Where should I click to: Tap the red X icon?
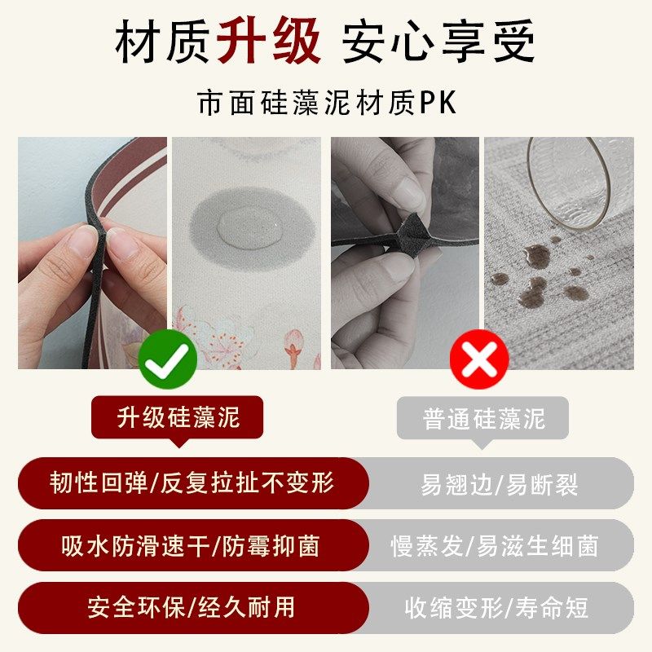click(x=479, y=359)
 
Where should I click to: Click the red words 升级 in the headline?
click(x=269, y=43)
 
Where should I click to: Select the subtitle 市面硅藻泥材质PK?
click(x=326, y=104)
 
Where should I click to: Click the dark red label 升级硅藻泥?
click(x=178, y=419)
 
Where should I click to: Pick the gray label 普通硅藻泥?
click(x=483, y=419)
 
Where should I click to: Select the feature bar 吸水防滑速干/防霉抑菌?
click(x=192, y=545)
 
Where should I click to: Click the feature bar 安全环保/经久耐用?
click(x=192, y=607)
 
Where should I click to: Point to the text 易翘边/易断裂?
click(x=500, y=484)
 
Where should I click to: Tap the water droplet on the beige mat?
click(x=241, y=223)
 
